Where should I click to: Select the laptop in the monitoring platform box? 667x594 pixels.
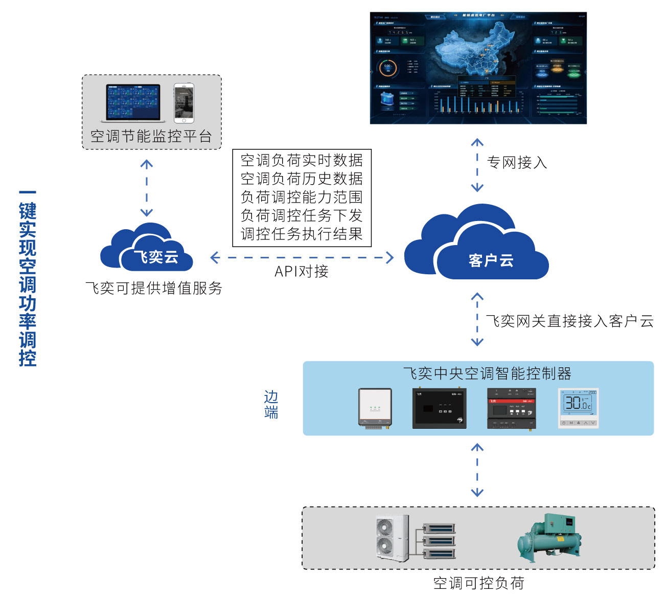coord(133,103)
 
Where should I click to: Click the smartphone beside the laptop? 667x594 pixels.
coord(183,103)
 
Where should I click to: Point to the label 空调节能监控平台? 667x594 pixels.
coord(151,136)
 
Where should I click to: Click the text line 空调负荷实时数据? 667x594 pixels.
coord(302,161)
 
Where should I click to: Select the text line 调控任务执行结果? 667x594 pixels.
coord(302,234)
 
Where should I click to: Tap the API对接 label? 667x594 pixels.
coord(302,272)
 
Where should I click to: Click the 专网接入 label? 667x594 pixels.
coord(517,163)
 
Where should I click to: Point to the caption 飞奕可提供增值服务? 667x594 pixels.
coord(154,289)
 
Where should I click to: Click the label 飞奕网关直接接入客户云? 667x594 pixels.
coord(569,321)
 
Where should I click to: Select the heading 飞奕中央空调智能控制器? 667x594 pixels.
coord(487,373)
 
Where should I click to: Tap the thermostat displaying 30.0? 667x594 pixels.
coord(578,408)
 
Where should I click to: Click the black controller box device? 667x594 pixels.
coord(440,408)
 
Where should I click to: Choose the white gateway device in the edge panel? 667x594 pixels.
coord(375,408)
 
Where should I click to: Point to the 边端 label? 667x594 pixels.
coord(271,404)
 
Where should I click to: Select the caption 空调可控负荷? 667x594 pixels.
coord(478,583)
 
